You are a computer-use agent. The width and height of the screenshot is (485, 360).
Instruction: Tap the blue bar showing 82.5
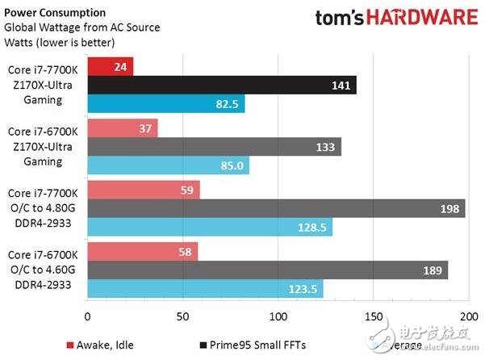pos(165,103)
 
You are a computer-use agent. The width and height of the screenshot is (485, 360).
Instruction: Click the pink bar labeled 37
pos(122,128)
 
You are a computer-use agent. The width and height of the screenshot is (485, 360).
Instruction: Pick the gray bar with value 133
pos(214,147)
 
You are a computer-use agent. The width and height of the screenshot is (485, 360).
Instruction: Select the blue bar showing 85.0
pos(168,165)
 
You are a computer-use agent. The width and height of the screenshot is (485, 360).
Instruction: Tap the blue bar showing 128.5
pos(209,228)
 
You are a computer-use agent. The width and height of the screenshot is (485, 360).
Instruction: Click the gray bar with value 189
pos(267,270)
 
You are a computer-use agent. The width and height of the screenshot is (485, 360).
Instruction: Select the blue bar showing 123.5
pos(204,289)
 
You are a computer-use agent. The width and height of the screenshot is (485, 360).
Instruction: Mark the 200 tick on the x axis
pos(469,316)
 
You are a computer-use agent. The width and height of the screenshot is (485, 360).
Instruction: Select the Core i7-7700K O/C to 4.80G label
pos(41,209)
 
